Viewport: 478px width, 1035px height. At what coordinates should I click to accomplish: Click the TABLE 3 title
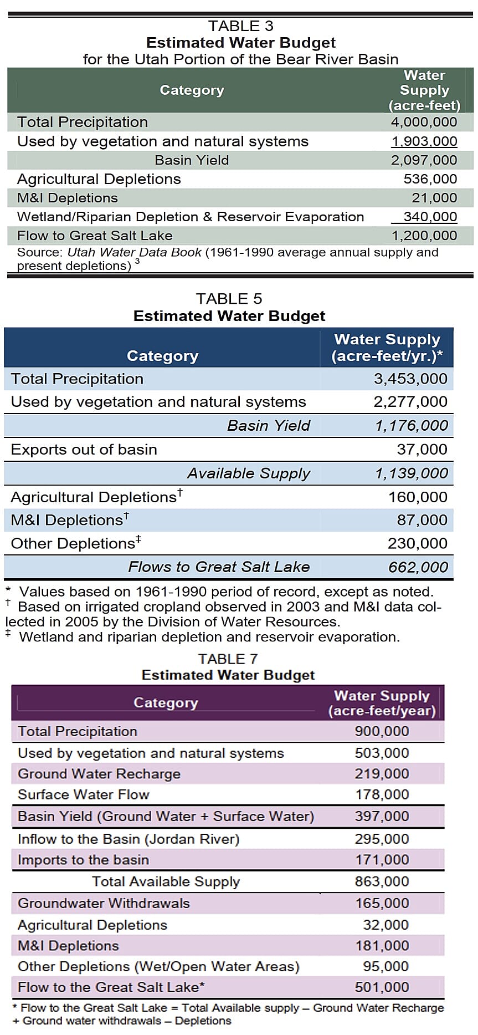pyautogui.click(x=240, y=26)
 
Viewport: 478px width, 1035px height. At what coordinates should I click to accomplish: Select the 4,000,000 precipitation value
pyautogui.click(x=424, y=122)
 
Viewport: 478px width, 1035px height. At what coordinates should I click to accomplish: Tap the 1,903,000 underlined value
pyautogui.click(x=424, y=141)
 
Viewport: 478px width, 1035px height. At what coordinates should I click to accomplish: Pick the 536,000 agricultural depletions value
pyautogui.click(x=430, y=179)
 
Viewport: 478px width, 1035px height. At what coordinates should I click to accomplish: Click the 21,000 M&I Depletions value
pyautogui.click(x=434, y=198)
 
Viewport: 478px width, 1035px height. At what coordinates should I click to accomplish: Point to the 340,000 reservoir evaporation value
pyautogui.click(x=430, y=217)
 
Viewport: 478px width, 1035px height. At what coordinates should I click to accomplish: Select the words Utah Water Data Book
pyautogui.click(x=134, y=252)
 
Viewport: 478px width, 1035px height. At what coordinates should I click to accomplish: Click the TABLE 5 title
pyautogui.click(x=229, y=299)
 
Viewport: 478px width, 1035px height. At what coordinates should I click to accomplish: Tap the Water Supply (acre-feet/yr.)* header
pyautogui.click(x=387, y=348)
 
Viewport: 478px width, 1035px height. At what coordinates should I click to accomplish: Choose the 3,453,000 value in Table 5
pyautogui.click(x=410, y=379)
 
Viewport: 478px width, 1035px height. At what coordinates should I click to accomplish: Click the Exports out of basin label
pyautogui.click(x=84, y=450)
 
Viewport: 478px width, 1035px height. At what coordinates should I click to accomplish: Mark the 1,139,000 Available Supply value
pyautogui.click(x=411, y=473)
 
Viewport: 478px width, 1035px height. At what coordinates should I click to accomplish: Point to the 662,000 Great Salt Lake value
pyautogui.click(x=418, y=567)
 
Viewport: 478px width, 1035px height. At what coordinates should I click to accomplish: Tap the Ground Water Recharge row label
pyautogui.click(x=99, y=774)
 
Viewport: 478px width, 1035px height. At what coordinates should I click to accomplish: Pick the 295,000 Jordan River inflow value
pyautogui.click(x=382, y=839)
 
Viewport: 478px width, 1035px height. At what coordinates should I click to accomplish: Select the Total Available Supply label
pyautogui.click(x=166, y=881)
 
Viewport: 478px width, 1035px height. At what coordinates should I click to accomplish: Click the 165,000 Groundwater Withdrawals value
pyautogui.click(x=382, y=903)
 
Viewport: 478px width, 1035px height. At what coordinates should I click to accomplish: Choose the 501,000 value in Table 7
pyautogui.click(x=382, y=987)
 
